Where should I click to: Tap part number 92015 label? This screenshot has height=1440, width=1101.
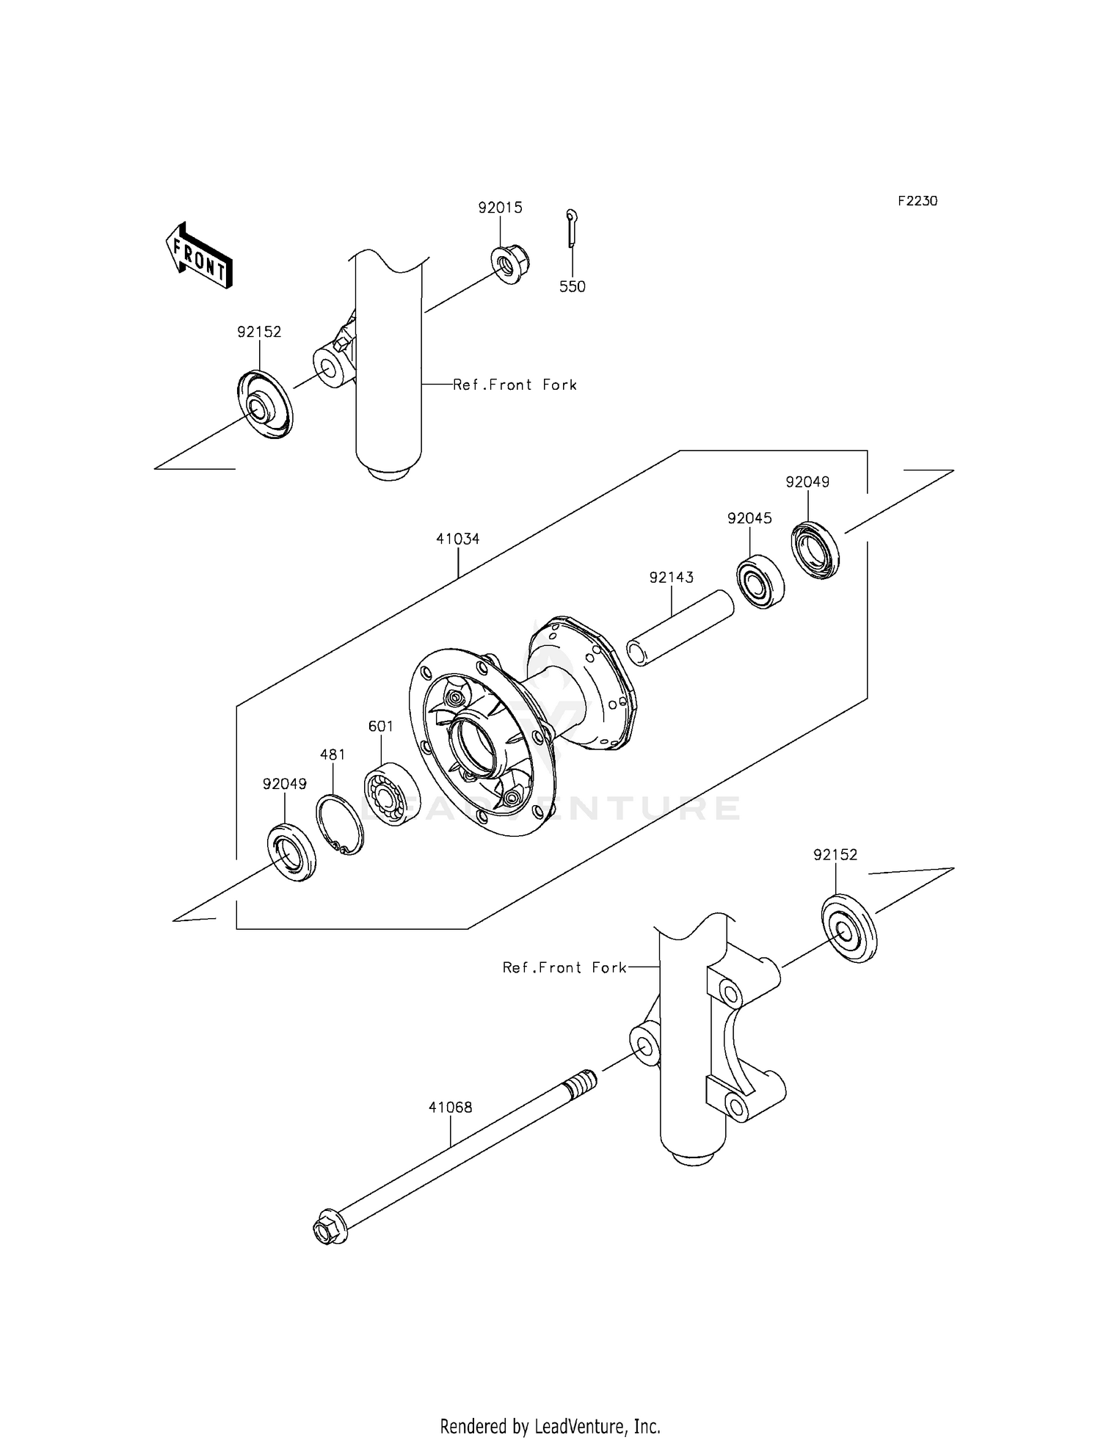click(500, 208)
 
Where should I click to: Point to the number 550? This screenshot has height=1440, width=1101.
click(573, 287)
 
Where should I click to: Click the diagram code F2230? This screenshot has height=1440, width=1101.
click(917, 200)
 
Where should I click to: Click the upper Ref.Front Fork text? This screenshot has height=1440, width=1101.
click(515, 385)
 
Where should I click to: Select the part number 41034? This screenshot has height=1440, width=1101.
click(457, 539)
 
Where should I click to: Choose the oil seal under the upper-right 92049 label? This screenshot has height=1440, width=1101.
click(815, 550)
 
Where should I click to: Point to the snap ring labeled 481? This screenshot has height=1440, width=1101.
click(340, 825)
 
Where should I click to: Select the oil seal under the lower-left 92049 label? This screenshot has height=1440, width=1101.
click(291, 853)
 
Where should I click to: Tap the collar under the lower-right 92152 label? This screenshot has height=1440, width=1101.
click(849, 929)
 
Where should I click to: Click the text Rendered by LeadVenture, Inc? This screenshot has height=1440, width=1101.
click(550, 1426)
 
